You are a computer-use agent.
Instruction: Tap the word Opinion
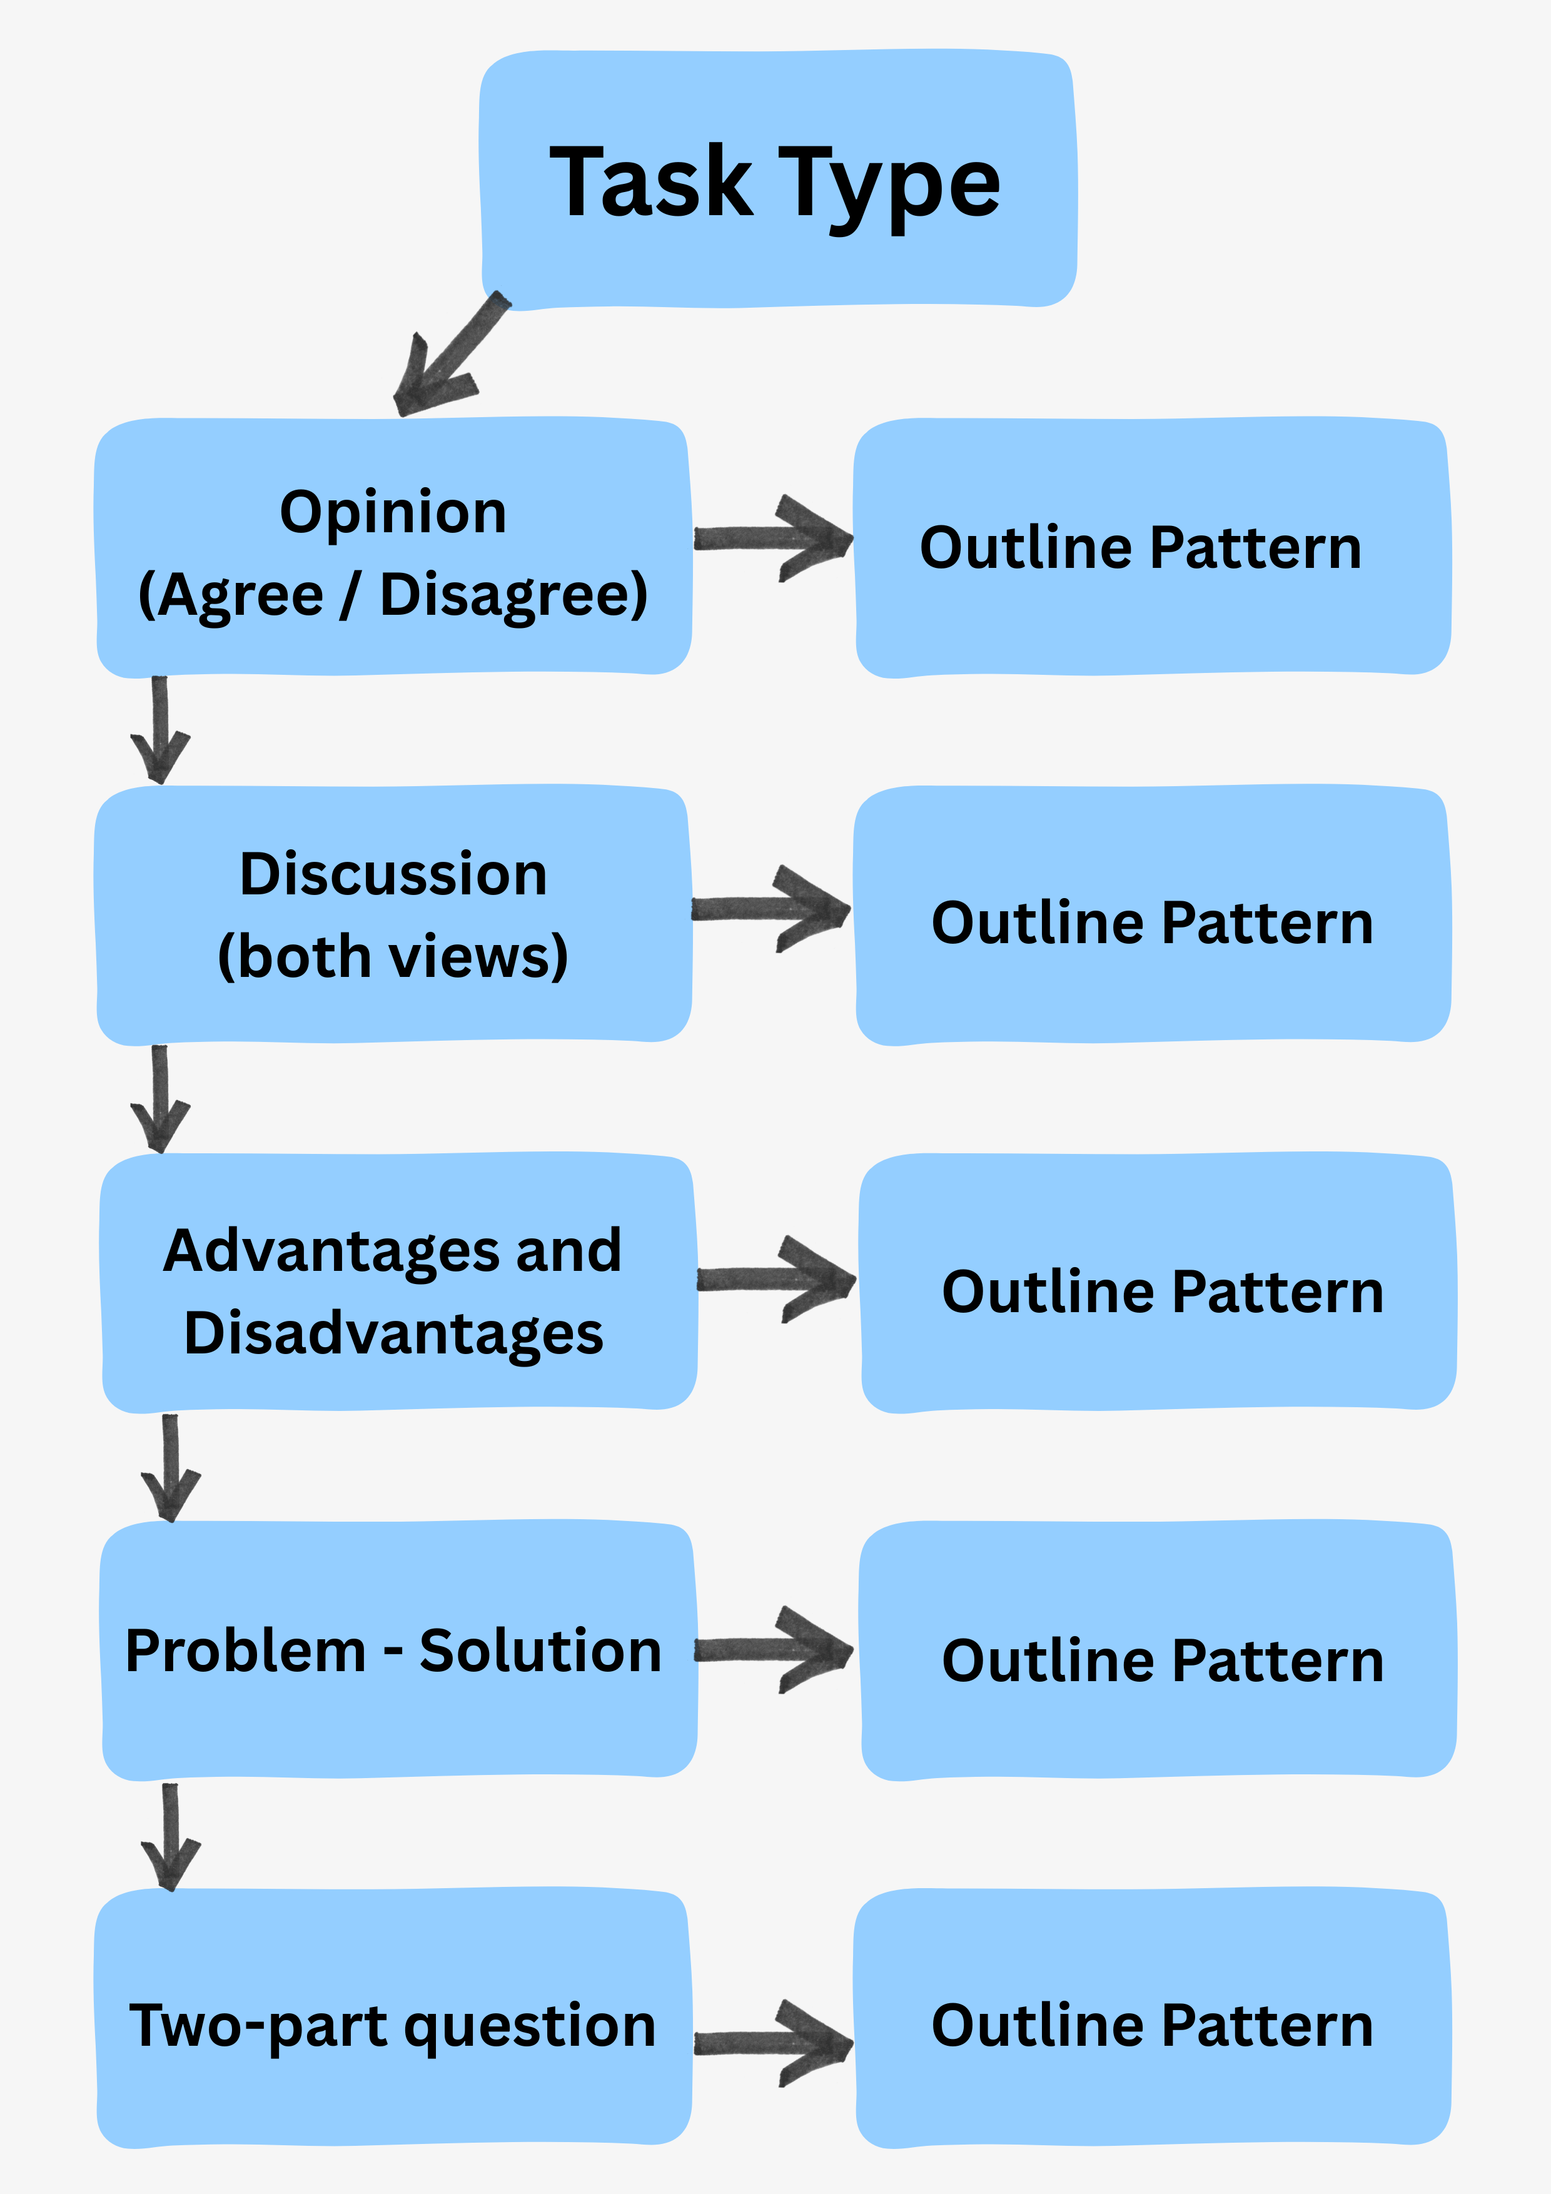393,512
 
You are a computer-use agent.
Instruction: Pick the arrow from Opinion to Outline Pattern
772,538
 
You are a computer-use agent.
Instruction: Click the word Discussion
393,874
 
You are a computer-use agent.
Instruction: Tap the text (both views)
393,956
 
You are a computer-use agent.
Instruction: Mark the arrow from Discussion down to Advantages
159,1099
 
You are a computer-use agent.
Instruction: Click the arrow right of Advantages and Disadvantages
776,1278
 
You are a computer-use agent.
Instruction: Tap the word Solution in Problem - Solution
540,1651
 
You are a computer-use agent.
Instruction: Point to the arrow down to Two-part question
170,1837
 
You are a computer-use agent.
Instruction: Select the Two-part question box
393,2026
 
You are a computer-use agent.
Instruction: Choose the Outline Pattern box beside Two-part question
1151,2026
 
